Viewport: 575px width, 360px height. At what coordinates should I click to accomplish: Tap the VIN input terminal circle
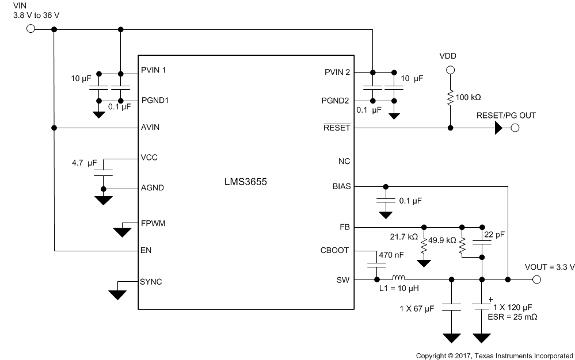click(x=31, y=29)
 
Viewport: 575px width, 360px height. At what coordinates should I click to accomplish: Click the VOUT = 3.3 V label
click(x=550, y=267)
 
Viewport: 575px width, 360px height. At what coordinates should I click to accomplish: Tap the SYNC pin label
click(x=151, y=282)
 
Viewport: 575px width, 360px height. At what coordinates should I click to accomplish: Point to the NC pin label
click(x=344, y=162)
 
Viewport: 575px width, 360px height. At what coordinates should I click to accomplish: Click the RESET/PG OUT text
click(x=506, y=116)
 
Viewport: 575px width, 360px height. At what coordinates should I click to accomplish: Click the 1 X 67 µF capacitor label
click(x=417, y=310)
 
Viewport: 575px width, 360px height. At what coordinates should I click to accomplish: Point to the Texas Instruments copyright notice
click(x=494, y=355)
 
